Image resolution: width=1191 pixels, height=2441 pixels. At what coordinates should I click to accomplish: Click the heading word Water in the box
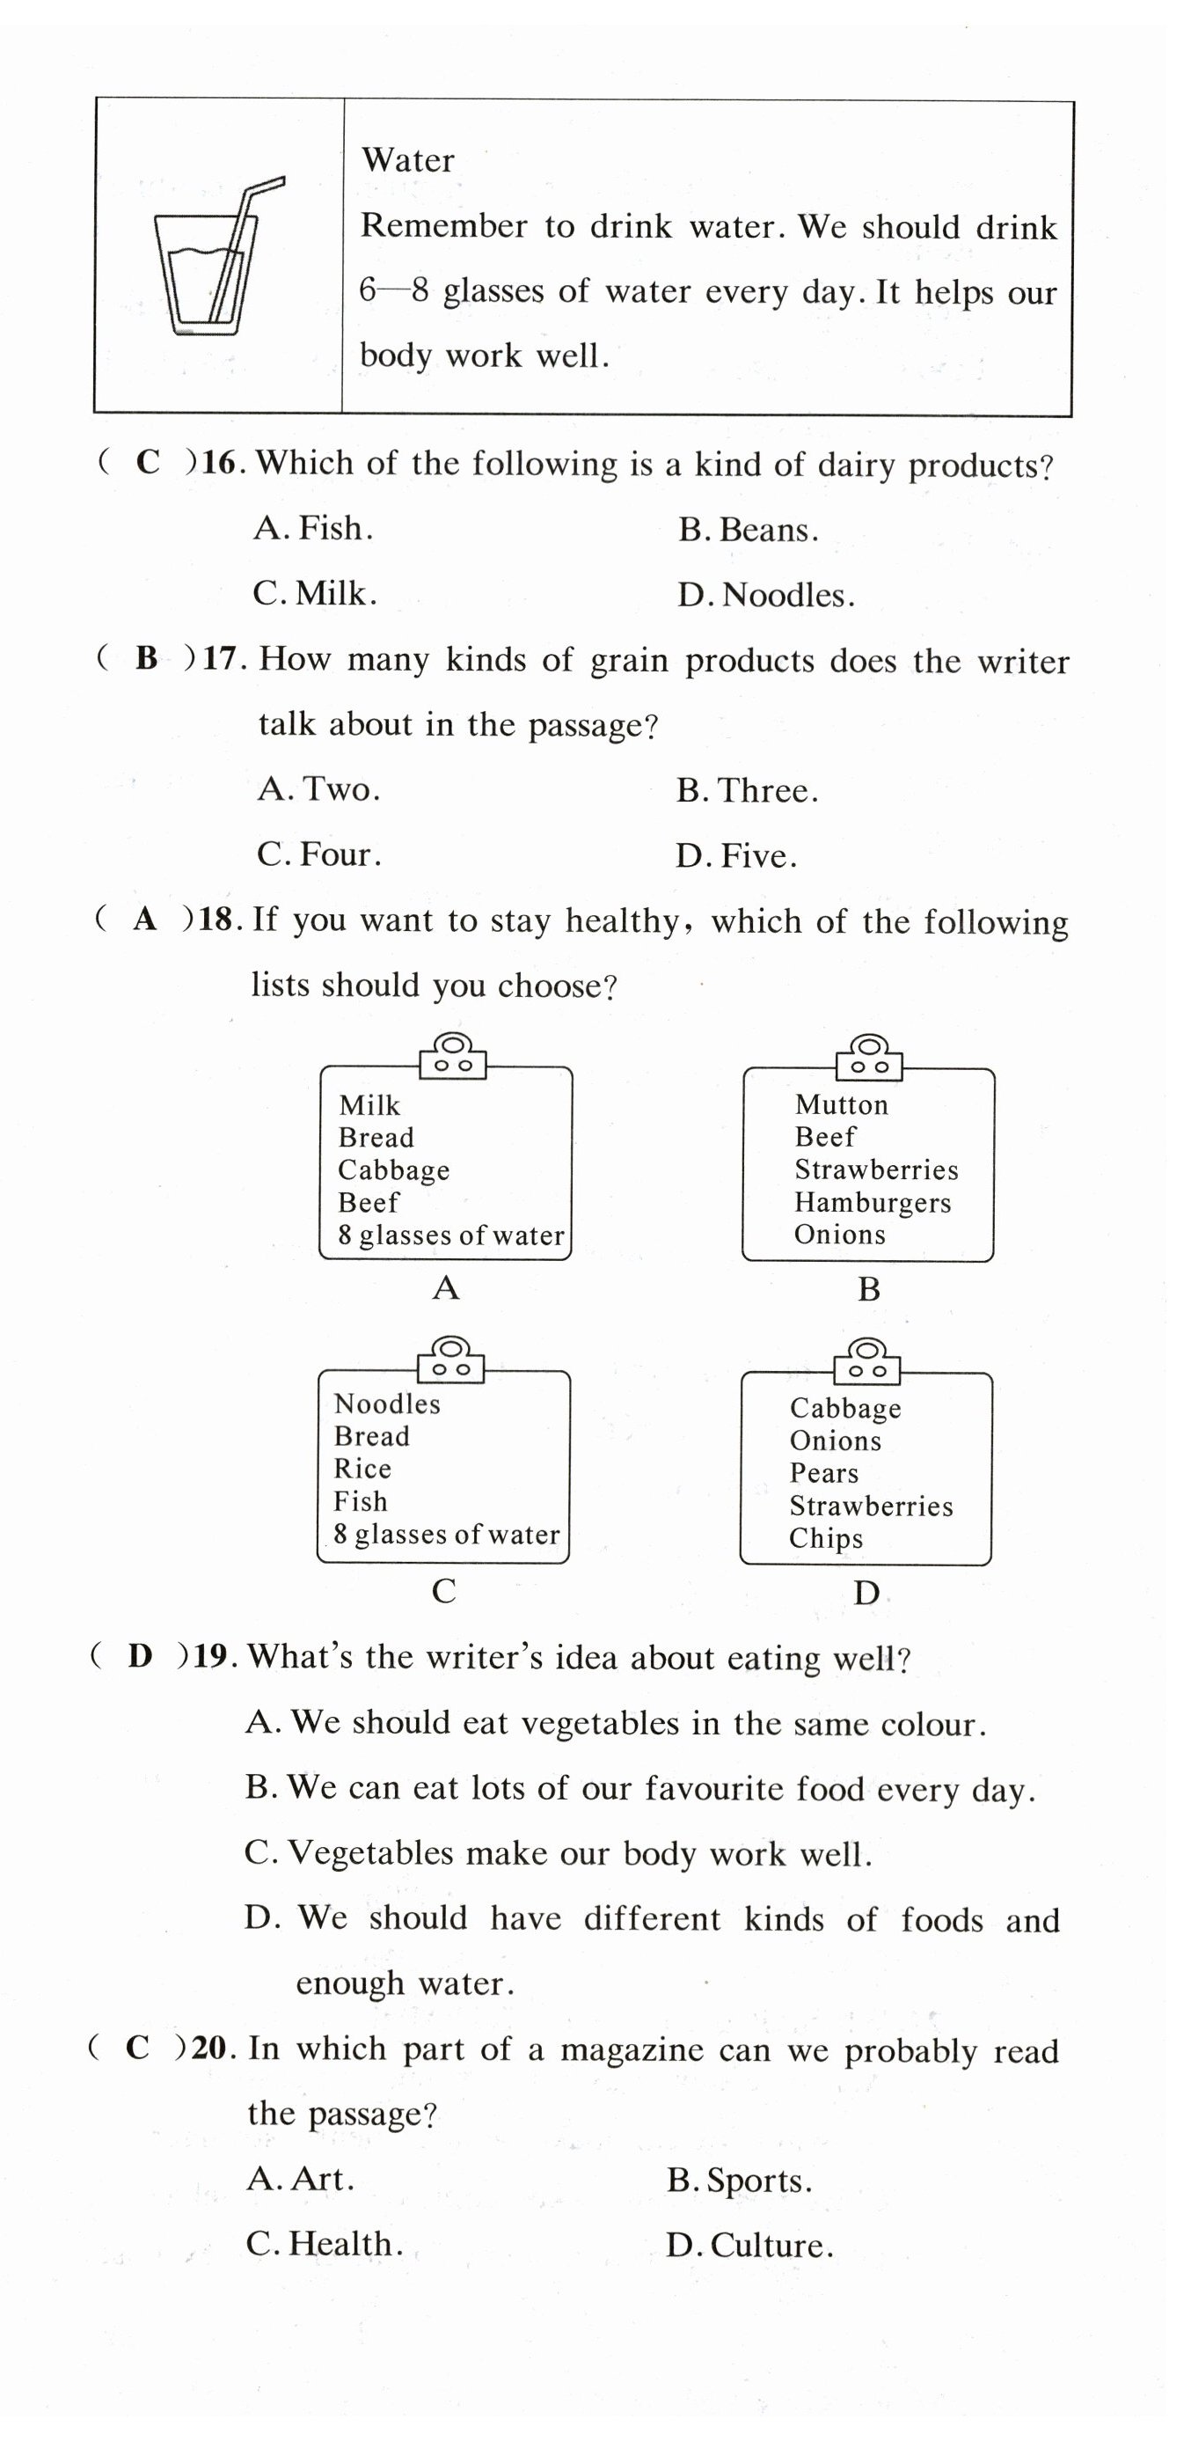[x=407, y=160]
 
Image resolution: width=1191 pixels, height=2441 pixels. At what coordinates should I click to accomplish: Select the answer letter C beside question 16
[x=148, y=463]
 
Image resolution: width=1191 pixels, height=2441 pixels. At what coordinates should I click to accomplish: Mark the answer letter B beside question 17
[x=147, y=657]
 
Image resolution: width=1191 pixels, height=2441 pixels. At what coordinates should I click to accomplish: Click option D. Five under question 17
[x=736, y=855]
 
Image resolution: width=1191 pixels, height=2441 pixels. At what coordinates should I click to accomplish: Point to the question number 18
[x=216, y=920]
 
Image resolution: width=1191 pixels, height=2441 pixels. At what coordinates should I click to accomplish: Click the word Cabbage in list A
[x=393, y=1170]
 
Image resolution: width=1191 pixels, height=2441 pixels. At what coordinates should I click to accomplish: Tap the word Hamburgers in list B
[x=873, y=1203]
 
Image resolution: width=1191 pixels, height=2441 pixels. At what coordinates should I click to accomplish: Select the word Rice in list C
[x=362, y=1469]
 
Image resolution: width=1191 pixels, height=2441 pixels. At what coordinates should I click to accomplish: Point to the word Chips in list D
[x=825, y=1538]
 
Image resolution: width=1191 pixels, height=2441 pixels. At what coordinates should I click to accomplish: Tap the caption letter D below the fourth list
[x=866, y=1594]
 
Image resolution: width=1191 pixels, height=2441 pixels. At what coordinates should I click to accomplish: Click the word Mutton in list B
[x=842, y=1105]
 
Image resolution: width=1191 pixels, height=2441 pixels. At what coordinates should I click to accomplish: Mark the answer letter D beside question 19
[x=140, y=1656]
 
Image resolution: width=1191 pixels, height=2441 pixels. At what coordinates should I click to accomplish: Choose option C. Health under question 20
[x=324, y=2244]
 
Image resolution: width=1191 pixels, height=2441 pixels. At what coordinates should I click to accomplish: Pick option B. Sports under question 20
[x=739, y=2181]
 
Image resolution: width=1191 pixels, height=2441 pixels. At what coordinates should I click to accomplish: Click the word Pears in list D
[x=823, y=1474]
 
